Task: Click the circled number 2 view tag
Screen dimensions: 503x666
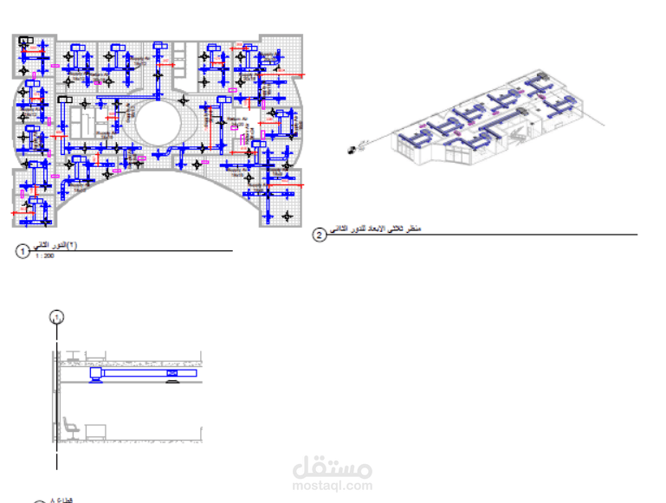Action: (x=320, y=235)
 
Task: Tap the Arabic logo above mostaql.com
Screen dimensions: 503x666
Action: (x=333, y=468)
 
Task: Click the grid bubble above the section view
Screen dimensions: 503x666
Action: (x=56, y=317)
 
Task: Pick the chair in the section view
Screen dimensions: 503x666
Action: (x=69, y=427)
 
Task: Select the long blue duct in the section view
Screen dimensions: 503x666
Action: (x=143, y=374)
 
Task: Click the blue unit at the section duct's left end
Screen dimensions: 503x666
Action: (x=96, y=374)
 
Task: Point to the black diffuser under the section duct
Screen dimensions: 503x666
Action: (x=173, y=374)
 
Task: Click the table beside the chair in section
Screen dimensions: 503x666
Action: (x=95, y=430)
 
